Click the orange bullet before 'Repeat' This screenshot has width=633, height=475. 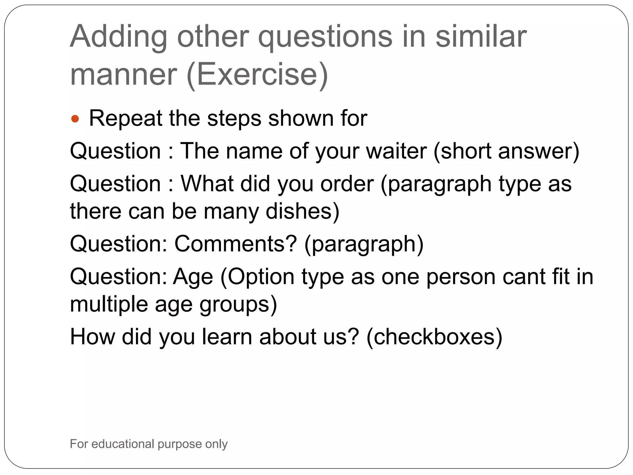pos(75,119)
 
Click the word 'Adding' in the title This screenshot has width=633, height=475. pos(118,37)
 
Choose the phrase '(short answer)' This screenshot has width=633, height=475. pos(506,151)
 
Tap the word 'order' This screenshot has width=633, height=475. pos(347,184)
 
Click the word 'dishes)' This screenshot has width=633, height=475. pos(302,212)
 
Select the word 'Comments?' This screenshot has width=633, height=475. pos(236,244)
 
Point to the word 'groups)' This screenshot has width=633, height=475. pos(238,304)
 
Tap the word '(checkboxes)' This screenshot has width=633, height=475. pos(434,337)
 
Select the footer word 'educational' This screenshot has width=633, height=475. pos(123,444)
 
